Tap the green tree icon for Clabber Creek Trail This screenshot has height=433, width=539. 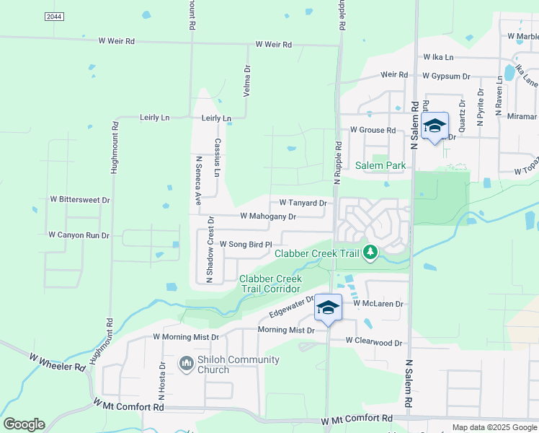coord(370,253)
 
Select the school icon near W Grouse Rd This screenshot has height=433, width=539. coord(435,126)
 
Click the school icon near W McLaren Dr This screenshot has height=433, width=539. coord(328,308)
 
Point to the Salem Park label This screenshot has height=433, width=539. coord(380,165)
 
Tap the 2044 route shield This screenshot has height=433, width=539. coord(53,16)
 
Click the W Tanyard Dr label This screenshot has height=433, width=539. coord(303,203)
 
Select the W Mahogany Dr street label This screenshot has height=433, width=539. coord(268,216)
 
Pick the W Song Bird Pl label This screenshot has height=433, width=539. coord(245,245)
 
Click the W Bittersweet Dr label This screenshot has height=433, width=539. coord(80,199)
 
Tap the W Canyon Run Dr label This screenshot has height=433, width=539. coord(79,235)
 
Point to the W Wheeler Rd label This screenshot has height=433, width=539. coord(58,362)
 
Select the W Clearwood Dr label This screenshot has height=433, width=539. coord(373,341)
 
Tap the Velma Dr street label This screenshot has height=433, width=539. coord(247,78)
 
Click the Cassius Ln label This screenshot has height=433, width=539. coord(217,157)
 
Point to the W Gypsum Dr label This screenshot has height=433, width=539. coord(446,75)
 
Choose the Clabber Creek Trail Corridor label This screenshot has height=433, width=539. coord(270,284)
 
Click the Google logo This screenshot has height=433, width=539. coord(24,424)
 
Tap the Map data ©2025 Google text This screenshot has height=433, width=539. coord(494,427)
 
